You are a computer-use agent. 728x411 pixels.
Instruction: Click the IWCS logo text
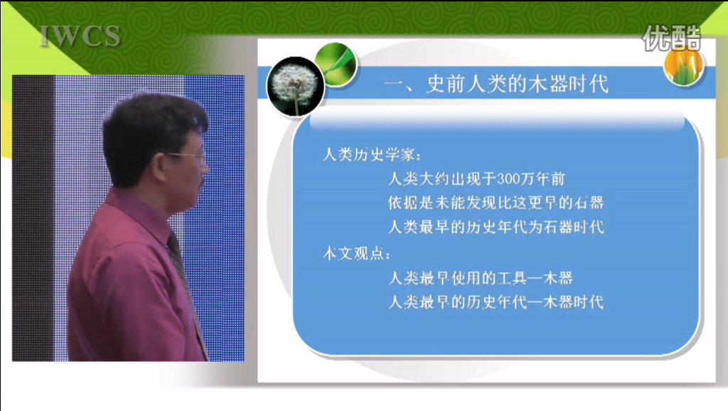[x=80, y=36]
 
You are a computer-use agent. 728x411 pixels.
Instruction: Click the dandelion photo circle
[x=295, y=86]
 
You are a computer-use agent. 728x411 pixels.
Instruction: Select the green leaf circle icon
[x=336, y=65]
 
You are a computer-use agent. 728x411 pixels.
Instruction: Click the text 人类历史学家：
[x=372, y=154]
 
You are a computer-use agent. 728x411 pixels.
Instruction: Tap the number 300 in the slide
[x=509, y=178]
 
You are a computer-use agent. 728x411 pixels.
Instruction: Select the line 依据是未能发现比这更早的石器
[x=496, y=203]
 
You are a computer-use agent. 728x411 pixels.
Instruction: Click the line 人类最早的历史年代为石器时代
[x=496, y=227]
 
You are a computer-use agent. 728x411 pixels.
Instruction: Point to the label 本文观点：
[x=357, y=254]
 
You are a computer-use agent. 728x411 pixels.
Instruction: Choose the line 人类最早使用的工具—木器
[x=481, y=278]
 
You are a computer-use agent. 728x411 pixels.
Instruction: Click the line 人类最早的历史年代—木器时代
[x=496, y=302]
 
